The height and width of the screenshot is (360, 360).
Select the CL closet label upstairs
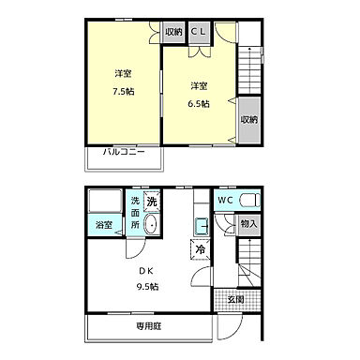click(x=199, y=32)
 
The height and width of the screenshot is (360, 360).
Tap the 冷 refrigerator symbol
click(x=200, y=249)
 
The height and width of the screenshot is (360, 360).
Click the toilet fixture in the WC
click(x=249, y=200)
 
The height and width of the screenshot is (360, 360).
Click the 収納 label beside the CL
click(x=173, y=32)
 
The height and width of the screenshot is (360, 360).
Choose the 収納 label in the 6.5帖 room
click(x=247, y=119)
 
